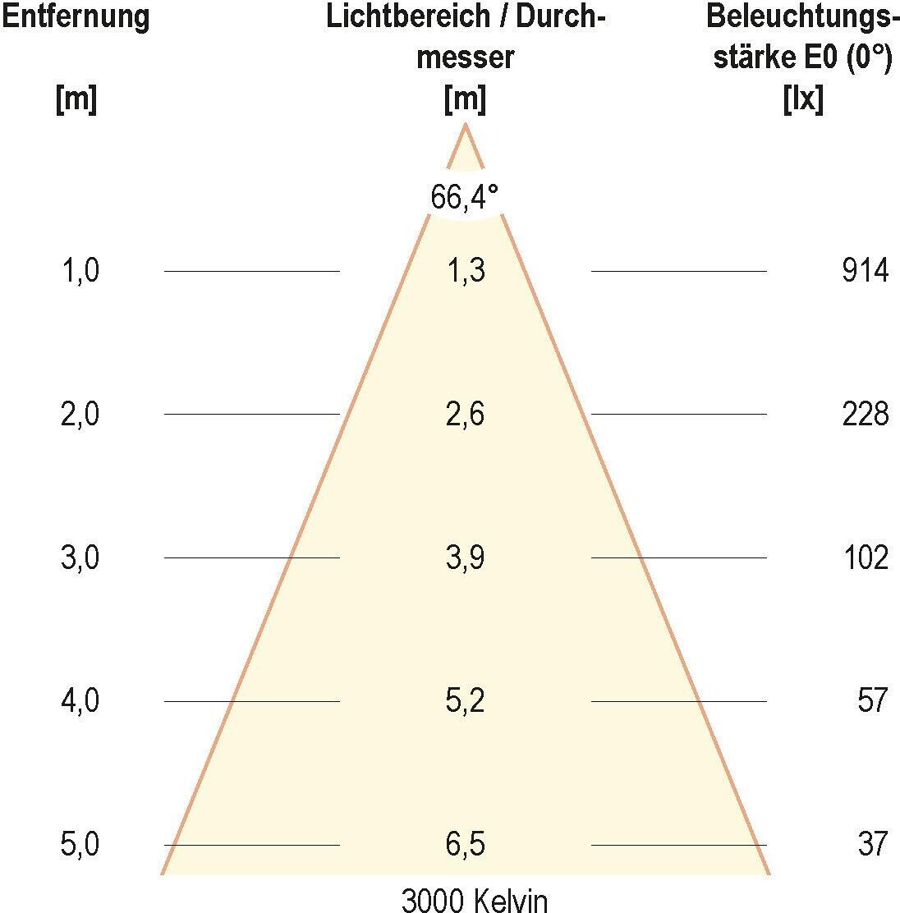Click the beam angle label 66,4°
coord(465,197)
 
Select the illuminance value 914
coord(865,271)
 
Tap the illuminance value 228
coord(865,415)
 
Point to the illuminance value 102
coord(865,558)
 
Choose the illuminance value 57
coord(872,701)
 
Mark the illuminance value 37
coord(872,844)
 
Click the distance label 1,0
coord(80,271)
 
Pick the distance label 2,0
coord(80,415)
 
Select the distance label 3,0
coord(80,558)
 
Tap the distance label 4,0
coord(80,701)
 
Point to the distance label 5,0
coord(80,844)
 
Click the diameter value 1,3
coord(466,271)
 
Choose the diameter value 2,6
coord(466,415)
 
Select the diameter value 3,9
coord(466,558)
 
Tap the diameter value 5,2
coord(466,701)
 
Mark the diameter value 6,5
coord(466,844)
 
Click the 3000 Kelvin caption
coord(474,900)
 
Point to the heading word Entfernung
coord(76,16)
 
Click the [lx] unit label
coord(803,100)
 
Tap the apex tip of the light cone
coord(466,125)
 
